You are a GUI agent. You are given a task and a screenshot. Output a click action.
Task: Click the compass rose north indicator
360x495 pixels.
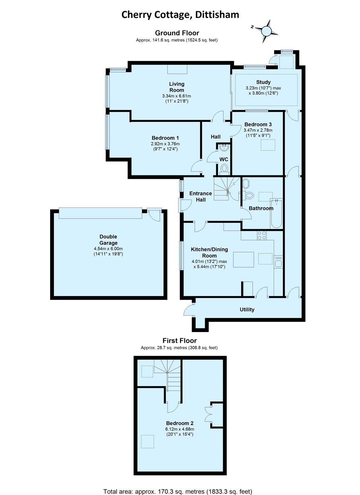[x=252, y=27]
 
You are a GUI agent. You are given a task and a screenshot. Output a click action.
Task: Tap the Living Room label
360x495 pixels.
[x=176, y=87]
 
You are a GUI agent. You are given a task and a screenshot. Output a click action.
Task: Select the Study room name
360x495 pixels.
[x=263, y=82]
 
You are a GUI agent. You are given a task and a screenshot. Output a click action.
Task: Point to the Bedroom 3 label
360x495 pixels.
[x=258, y=124]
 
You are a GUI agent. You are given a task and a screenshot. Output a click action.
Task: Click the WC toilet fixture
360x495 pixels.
[x=224, y=169]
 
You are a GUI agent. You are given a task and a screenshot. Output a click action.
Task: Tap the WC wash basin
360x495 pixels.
[x=224, y=148]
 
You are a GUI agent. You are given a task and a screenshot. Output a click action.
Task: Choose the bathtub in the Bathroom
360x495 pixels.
[x=276, y=214]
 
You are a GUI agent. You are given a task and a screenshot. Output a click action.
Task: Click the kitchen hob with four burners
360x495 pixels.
[x=262, y=235]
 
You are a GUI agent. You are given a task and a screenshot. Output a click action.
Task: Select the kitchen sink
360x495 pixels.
[x=278, y=262]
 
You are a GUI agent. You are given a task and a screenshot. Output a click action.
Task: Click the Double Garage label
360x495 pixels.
[x=108, y=240]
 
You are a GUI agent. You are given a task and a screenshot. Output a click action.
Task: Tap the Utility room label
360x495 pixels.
[x=247, y=310]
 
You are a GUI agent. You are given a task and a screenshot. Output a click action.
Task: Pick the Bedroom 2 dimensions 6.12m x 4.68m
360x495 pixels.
[x=180, y=429]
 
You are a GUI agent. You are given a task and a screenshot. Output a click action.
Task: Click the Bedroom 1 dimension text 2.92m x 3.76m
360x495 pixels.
[x=165, y=144]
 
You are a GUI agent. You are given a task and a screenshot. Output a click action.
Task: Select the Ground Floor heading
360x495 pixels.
[x=177, y=33]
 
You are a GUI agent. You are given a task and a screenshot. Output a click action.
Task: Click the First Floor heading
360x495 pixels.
[x=180, y=341]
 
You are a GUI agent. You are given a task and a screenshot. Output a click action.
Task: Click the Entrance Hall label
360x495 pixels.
[x=200, y=197]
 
